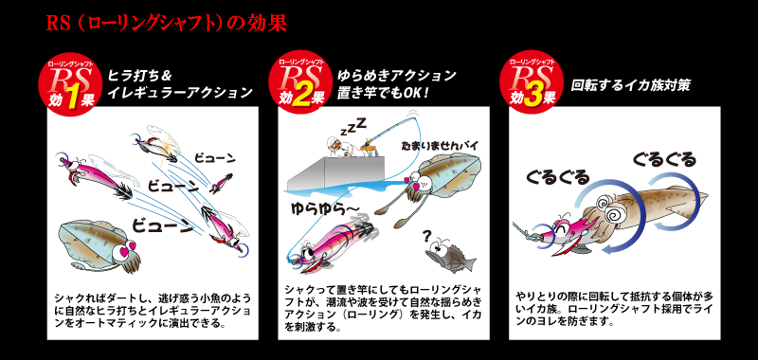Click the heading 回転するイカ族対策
tap(630, 84)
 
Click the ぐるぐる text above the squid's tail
tap(663, 158)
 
